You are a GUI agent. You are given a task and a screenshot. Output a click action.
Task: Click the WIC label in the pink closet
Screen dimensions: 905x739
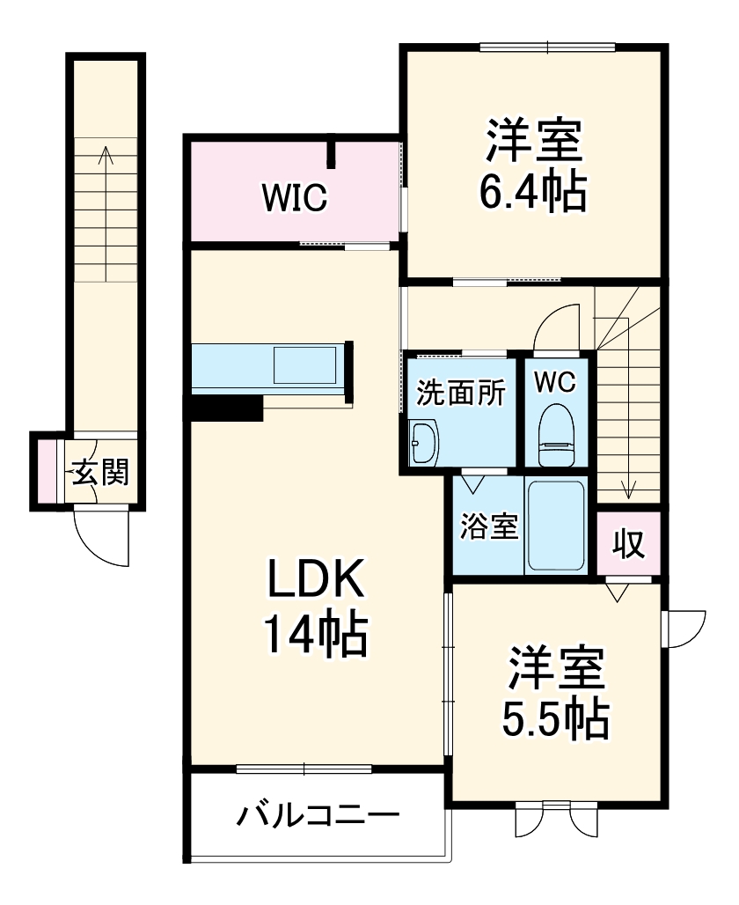pos(294,197)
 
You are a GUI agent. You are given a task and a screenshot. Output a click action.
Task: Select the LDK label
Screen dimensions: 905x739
pos(315,582)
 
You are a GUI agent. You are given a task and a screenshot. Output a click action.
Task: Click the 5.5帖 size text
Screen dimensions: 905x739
pos(555,718)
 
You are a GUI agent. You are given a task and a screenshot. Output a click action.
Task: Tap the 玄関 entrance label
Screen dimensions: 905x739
pos(99,473)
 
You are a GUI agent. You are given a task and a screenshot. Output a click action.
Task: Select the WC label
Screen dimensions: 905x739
pos(554,382)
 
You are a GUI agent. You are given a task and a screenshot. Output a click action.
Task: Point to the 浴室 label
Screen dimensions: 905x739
pos(488,525)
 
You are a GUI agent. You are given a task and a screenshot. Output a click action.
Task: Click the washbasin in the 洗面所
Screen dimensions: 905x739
pos(424,442)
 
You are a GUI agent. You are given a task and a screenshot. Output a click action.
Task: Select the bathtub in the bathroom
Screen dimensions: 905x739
pos(556,526)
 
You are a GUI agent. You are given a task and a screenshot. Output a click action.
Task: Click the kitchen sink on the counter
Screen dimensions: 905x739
pos(304,365)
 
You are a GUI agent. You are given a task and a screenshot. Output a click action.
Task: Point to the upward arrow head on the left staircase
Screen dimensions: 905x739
pos(106,153)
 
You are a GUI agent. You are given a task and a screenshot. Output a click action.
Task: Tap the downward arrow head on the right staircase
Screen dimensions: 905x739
pos(629,491)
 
